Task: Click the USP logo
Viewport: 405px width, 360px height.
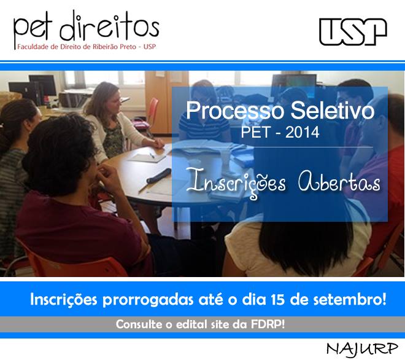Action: point(353,31)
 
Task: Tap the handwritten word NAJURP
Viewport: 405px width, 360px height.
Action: point(362,349)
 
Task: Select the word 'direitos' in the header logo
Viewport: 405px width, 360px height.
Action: point(109,26)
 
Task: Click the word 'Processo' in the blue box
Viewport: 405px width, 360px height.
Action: point(234,111)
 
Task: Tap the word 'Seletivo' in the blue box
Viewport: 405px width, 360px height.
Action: point(333,111)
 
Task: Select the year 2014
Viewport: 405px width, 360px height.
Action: point(302,132)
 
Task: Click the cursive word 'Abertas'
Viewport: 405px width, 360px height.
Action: point(339,182)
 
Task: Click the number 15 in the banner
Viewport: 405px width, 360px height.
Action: point(278,299)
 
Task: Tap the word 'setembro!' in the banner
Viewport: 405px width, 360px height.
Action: point(350,299)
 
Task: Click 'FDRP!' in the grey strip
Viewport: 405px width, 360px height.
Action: point(268,324)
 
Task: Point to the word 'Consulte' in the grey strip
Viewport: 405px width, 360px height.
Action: point(139,324)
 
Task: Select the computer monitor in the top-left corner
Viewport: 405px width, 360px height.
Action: point(42,86)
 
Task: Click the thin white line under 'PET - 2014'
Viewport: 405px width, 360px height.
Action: point(279,147)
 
